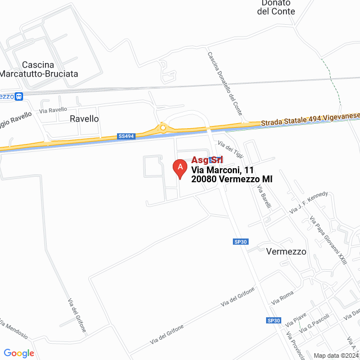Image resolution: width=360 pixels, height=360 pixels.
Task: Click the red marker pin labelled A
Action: pyautogui.click(x=179, y=168)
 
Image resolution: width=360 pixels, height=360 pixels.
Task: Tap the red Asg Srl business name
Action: pyautogui.click(x=208, y=160)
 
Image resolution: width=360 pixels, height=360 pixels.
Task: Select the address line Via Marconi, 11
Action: pyautogui.click(x=223, y=169)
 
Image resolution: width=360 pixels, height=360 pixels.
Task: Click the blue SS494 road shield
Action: pyautogui.click(x=127, y=136)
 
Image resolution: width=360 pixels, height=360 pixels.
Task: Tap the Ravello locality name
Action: pyautogui.click(x=84, y=119)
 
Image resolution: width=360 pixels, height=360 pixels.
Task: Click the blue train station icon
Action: pyautogui.click(x=19, y=96)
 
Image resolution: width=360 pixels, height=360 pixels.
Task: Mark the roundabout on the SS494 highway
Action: pyautogui.click(x=163, y=128)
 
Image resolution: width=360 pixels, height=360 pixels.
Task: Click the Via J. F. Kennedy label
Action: pyautogui.click(x=308, y=202)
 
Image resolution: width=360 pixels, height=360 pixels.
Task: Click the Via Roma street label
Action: pyautogui.click(x=282, y=299)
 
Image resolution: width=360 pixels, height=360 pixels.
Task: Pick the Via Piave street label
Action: pyautogui.click(x=295, y=320)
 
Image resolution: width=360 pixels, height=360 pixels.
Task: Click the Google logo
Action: pyautogui.click(x=19, y=353)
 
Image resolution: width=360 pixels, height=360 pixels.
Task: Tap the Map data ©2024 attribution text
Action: pyautogui.click(x=336, y=355)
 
